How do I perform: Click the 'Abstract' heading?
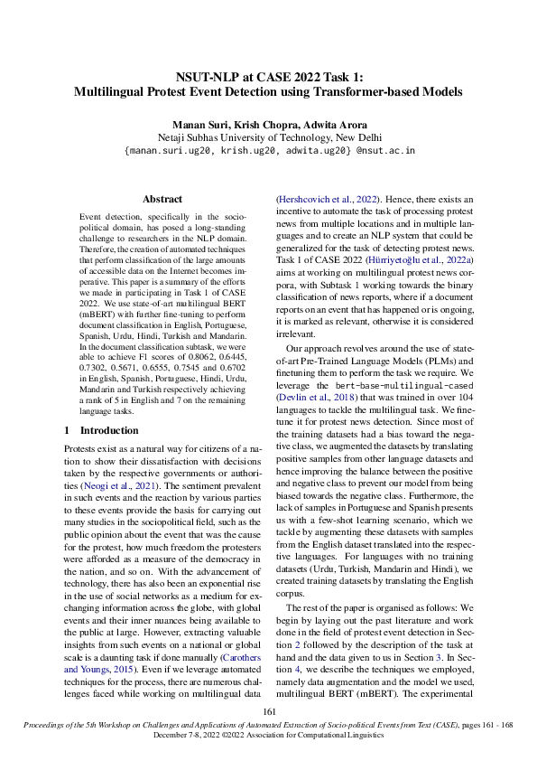pyautogui.click(x=162, y=199)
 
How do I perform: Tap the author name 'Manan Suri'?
pyautogui.click(x=210, y=125)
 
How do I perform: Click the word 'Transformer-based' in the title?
pyautogui.click(x=339, y=91)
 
